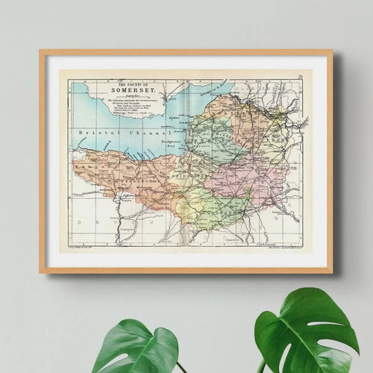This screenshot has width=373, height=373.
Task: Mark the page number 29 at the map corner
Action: click(298, 76)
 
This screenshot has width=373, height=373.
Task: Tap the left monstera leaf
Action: click(134, 347)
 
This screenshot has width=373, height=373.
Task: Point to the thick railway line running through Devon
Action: click(119, 220)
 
